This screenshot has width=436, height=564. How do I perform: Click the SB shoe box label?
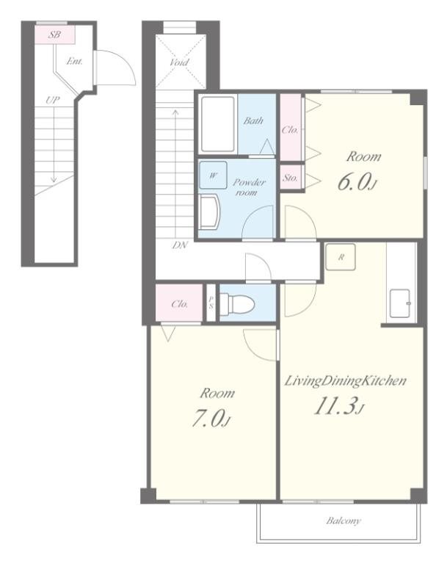click(54, 35)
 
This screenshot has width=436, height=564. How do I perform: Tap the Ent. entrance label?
click(74, 61)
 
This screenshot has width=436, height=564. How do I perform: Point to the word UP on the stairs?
click(52, 100)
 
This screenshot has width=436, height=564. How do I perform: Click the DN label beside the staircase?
click(180, 245)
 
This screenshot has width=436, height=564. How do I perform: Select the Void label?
click(179, 62)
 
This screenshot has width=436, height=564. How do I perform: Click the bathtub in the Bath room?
click(217, 123)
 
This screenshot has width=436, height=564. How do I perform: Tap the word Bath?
click(253, 120)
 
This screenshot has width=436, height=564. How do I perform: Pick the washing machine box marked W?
click(213, 176)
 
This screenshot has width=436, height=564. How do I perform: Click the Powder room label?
click(249, 187)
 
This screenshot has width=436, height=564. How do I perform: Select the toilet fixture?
click(237, 303)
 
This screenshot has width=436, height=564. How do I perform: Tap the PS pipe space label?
click(211, 302)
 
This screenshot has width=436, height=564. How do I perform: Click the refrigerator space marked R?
click(341, 257)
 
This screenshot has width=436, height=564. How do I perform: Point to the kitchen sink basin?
click(400, 303)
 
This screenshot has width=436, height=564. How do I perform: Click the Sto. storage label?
click(291, 177)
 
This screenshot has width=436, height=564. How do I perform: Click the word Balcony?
click(344, 521)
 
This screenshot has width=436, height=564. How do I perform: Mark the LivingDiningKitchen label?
click(345, 380)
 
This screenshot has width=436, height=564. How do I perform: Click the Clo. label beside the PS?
click(180, 304)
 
